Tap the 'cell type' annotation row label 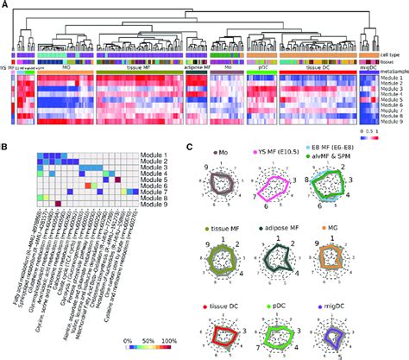393,54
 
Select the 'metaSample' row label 393,69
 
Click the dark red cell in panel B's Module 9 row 58,205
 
